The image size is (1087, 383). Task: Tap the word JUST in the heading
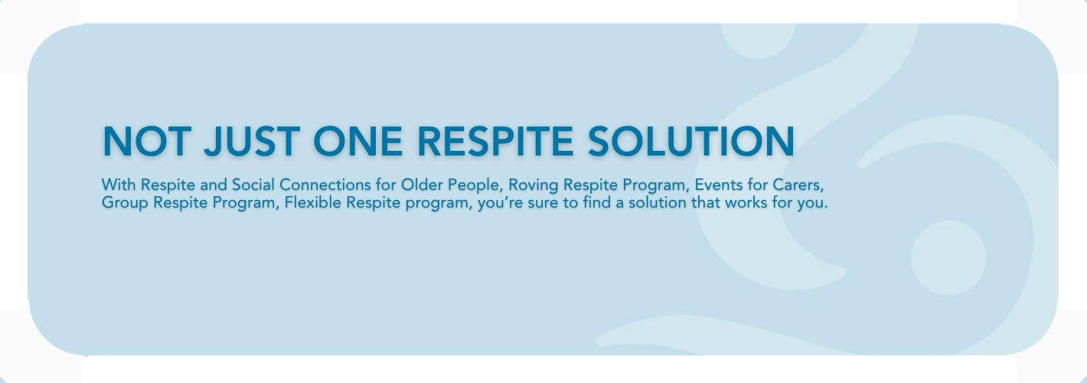pyautogui.click(x=251, y=141)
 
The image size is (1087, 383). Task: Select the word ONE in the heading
pyautogui.click(x=357, y=141)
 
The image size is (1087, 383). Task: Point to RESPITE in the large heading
pyautogui.click(x=495, y=141)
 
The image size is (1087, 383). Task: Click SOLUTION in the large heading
pyautogui.click(x=691, y=141)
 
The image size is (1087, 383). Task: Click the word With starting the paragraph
pyautogui.click(x=119, y=185)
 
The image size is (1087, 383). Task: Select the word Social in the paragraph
pyautogui.click(x=253, y=185)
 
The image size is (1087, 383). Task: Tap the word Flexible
pyautogui.click(x=313, y=202)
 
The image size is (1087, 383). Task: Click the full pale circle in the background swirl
pyautogui.click(x=948, y=258)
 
